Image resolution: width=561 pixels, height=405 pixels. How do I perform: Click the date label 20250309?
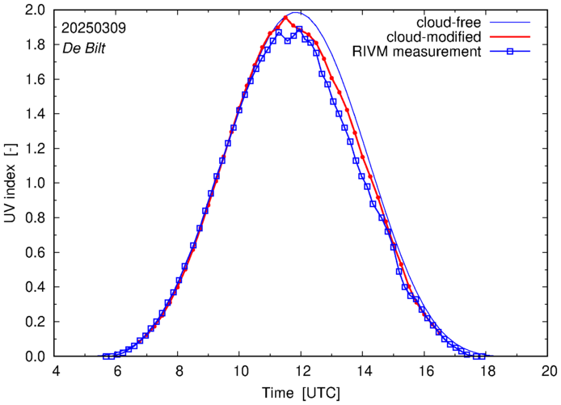point(94,28)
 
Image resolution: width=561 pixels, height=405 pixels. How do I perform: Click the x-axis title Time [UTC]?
point(301,394)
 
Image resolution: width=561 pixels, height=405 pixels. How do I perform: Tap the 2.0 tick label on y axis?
point(35,11)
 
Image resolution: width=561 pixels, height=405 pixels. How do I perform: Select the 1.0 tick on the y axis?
point(35,184)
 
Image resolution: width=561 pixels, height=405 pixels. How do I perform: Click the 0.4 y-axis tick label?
point(35,287)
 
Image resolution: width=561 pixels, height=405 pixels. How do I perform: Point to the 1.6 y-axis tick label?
point(35,80)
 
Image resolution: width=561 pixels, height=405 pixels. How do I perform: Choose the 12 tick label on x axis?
point(302,372)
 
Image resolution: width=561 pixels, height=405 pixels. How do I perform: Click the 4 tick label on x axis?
point(56,372)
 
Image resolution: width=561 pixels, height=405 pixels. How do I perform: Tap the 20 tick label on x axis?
point(549,372)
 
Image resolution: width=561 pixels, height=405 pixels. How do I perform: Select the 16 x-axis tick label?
point(426,372)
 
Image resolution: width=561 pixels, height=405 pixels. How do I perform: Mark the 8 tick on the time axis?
point(179,372)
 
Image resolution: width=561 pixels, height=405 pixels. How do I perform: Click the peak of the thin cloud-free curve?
point(296,13)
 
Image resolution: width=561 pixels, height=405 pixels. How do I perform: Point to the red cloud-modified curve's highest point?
point(286,17)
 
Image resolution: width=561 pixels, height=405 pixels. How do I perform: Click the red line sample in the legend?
point(517,37)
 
